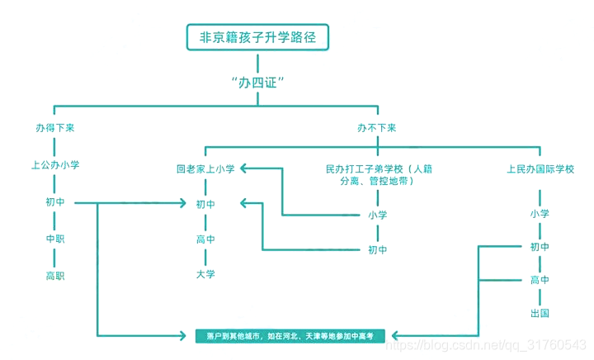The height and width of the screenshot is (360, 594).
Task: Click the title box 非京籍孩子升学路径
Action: point(258,36)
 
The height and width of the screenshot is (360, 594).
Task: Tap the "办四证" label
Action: point(258,83)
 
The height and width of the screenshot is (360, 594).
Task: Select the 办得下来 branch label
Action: point(54,129)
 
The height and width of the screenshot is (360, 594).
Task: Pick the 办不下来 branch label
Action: point(377,129)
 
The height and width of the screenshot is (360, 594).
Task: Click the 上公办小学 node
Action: point(54,165)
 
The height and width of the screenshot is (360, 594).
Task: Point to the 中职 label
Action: point(54,239)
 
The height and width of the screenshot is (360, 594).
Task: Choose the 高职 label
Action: point(54,276)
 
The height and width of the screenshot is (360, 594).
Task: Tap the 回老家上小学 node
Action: point(205,169)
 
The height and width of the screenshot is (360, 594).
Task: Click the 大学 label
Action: point(205,274)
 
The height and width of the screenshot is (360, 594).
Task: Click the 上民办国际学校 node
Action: point(540,169)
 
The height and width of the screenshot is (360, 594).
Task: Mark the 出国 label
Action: point(540,314)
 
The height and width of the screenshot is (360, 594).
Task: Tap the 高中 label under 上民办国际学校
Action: point(540,281)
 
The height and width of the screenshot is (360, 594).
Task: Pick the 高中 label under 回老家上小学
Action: point(205,239)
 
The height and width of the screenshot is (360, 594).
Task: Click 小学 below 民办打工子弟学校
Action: point(378,215)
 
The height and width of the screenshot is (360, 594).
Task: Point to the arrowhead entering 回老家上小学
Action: point(245,169)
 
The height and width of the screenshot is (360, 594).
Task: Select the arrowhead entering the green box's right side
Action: point(395,336)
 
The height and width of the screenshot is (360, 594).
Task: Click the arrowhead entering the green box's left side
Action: point(186,336)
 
